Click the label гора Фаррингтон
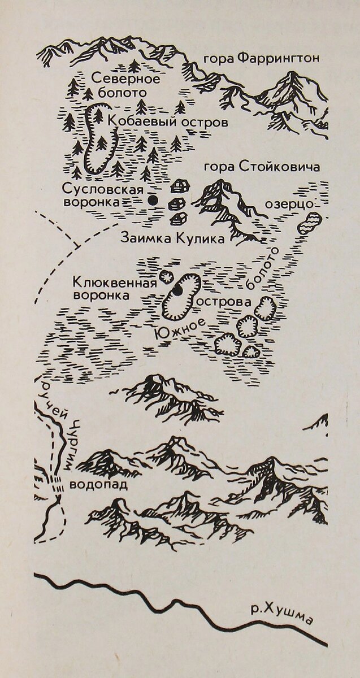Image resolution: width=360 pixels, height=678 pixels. click(x=262, y=58)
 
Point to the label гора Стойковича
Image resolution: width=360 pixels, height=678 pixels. click(x=262, y=167)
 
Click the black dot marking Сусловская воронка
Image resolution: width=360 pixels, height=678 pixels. click(x=151, y=200)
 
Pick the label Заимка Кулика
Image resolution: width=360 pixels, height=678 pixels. click(x=172, y=238)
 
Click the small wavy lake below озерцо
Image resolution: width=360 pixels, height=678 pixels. click(x=309, y=224)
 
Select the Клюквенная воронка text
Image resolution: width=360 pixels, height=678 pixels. click(x=114, y=288)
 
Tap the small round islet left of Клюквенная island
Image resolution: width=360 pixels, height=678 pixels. click(x=166, y=277)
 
